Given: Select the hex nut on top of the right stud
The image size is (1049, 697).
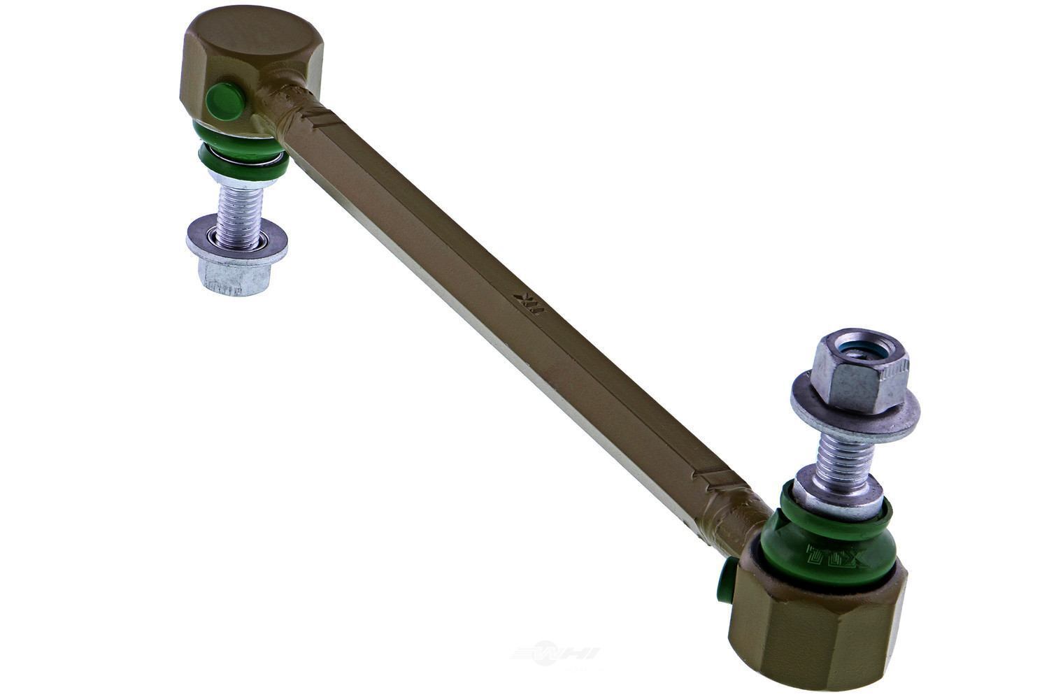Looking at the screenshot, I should click(x=859, y=370).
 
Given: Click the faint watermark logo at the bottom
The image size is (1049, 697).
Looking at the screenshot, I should click(x=557, y=653).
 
